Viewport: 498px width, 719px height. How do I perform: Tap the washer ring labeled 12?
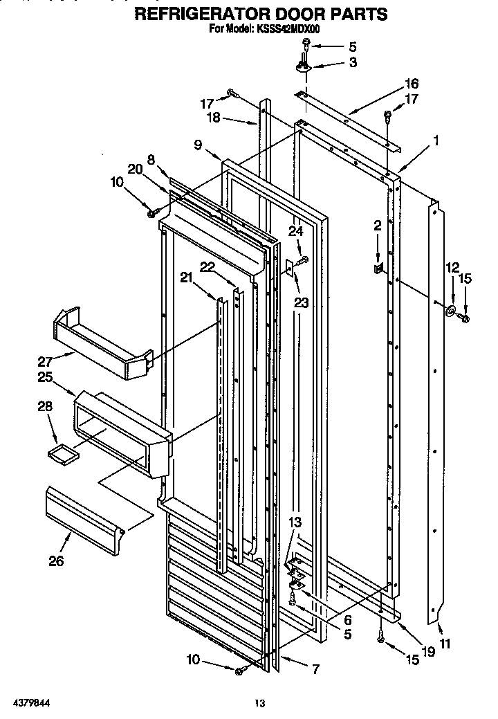tap(450, 311)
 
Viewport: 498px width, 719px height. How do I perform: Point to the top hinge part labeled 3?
tap(305, 66)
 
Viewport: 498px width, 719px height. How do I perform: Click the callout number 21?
tap(185, 277)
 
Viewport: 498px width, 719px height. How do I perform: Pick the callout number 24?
tap(296, 232)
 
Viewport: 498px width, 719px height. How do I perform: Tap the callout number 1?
tap(436, 140)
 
